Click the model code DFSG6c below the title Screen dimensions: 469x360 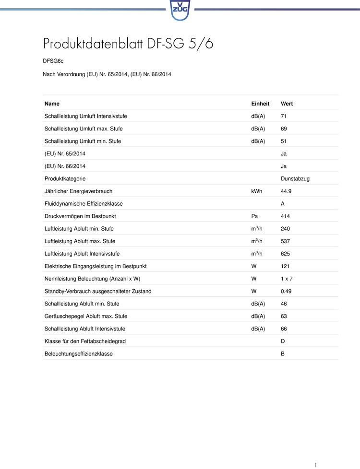(x=53, y=61)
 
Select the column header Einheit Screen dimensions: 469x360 (x=260, y=104)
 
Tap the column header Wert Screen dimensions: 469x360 (x=287, y=104)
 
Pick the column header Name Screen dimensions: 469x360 (x=52, y=104)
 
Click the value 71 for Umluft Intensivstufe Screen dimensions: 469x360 (x=284, y=117)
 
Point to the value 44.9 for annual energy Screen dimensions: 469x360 (x=286, y=191)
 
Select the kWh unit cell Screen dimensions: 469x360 (x=256, y=191)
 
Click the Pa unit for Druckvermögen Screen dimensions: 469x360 (x=254, y=216)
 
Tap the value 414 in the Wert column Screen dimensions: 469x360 (x=285, y=216)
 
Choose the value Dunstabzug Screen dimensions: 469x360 (x=295, y=179)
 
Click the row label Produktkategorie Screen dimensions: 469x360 (x=65, y=179)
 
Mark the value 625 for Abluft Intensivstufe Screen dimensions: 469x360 (x=285, y=254)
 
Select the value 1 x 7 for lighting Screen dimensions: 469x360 (x=287, y=279)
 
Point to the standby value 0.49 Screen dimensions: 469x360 (x=286, y=291)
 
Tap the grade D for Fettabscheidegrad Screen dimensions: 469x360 (x=283, y=341)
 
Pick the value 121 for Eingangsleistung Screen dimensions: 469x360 (x=285, y=266)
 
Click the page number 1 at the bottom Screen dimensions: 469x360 (x=315, y=465)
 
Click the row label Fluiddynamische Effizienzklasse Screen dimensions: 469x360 (x=84, y=204)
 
